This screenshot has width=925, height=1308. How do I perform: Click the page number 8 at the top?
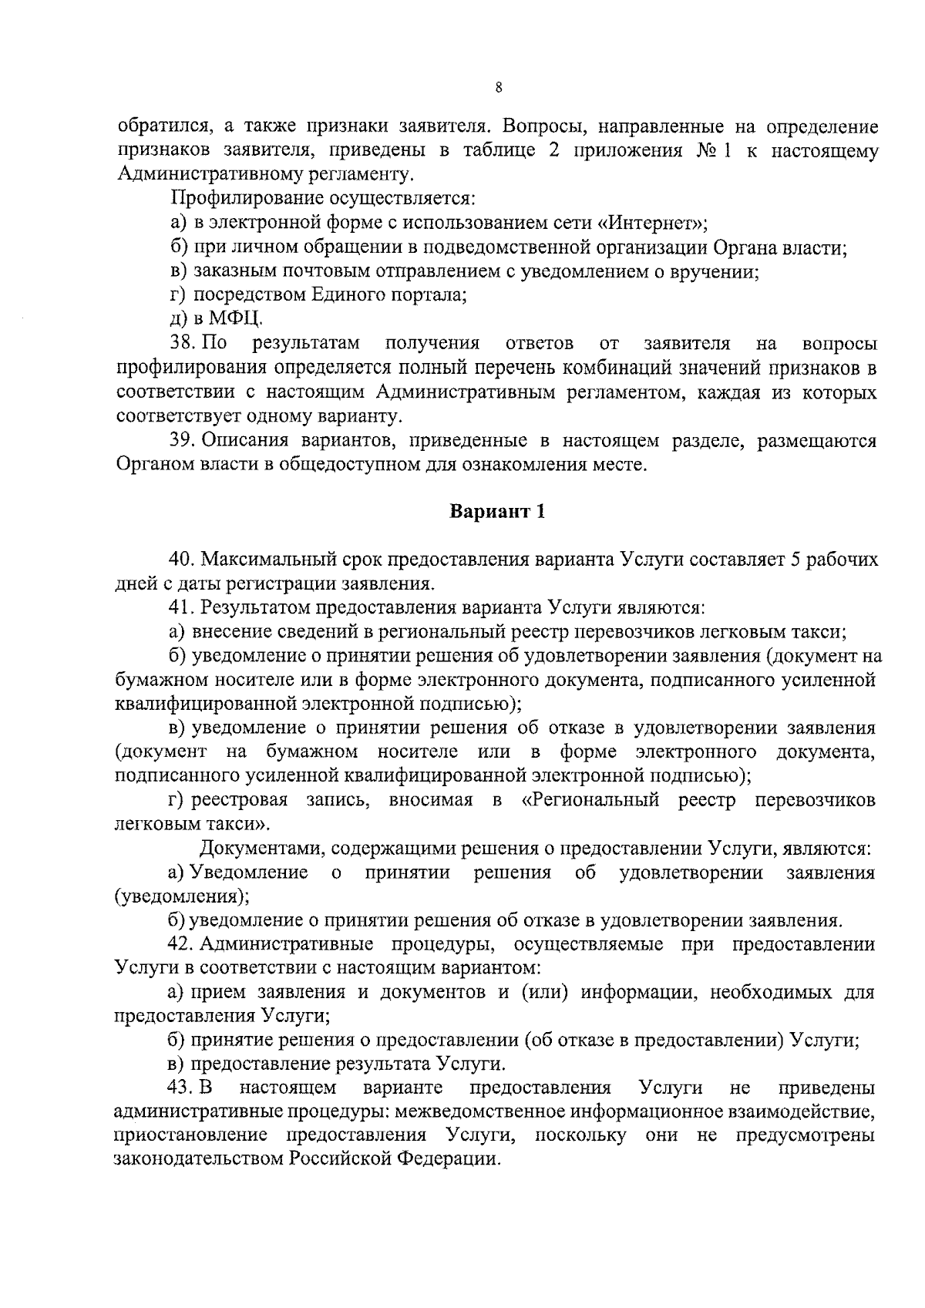[499, 88]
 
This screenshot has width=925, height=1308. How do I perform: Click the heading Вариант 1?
[497, 512]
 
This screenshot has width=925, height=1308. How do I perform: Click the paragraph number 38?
[182, 343]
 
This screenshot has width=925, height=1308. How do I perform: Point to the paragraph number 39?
[182, 441]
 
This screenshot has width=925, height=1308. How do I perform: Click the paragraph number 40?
[182, 560]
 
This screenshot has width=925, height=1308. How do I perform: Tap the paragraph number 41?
[182, 607]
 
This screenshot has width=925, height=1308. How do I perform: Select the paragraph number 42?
[182, 944]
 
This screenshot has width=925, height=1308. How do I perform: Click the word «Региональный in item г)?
[590, 800]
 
